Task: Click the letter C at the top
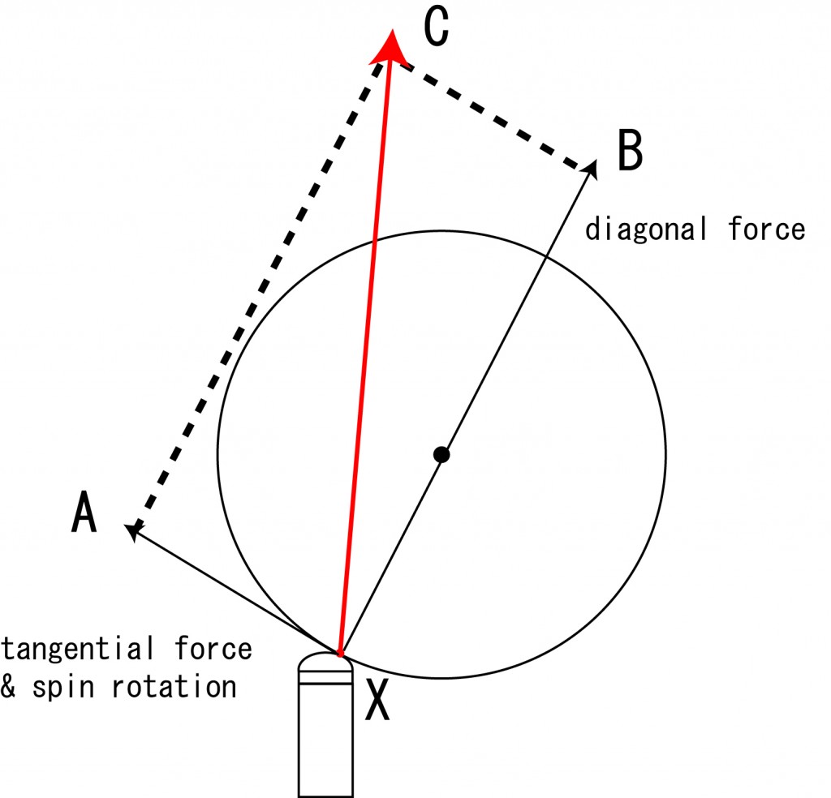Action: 437,26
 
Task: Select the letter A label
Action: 84,512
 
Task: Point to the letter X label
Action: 377,700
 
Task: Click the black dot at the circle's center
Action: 441,454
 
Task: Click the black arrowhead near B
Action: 591,169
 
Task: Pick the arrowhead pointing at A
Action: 133,530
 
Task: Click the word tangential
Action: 78,649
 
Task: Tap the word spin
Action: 63,688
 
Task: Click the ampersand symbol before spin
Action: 7,686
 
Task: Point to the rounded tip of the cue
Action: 325,661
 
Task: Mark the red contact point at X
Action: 340,654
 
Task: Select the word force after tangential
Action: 213,648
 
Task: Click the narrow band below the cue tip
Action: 325,677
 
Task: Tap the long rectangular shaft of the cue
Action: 325,740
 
